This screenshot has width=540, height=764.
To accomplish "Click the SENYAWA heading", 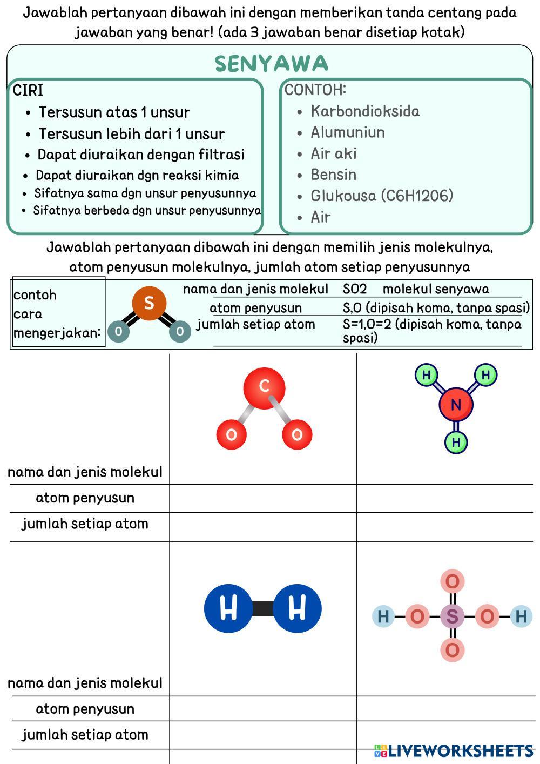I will click(x=271, y=64).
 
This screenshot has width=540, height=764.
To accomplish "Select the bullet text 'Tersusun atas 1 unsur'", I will click(x=114, y=112).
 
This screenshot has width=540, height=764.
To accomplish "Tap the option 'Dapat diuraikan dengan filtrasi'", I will click(x=140, y=155).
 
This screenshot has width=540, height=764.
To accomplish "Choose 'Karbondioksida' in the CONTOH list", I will click(x=365, y=111).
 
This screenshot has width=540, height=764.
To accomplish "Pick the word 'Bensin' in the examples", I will click(x=333, y=175).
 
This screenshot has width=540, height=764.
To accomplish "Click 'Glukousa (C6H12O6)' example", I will click(x=381, y=196).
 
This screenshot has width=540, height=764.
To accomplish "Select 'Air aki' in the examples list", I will click(x=333, y=154).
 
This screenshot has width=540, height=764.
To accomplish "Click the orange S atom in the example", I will click(x=149, y=303).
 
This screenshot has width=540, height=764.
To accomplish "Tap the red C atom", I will click(x=264, y=386).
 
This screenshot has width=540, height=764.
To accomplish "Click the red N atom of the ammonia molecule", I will click(x=456, y=405).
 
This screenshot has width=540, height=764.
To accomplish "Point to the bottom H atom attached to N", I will click(x=456, y=443).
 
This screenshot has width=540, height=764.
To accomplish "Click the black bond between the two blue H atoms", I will click(x=262, y=608).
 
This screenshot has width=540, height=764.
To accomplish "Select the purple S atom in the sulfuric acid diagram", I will click(x=453, y=616).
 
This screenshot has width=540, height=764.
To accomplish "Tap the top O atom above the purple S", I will click(x=453, y=582).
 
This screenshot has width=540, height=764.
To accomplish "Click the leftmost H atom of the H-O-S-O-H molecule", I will click(x=383, y=616).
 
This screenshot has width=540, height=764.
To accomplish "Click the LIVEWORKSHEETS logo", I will click(x=454, y=750).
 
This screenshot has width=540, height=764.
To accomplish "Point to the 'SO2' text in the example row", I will click(x=355, y=289).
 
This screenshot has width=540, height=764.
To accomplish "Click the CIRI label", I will click(x=28, y=90).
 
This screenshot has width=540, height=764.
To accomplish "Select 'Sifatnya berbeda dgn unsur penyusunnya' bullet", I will click(x=147, y=211).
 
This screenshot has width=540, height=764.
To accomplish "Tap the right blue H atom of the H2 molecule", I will click(x=297, y=608).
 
